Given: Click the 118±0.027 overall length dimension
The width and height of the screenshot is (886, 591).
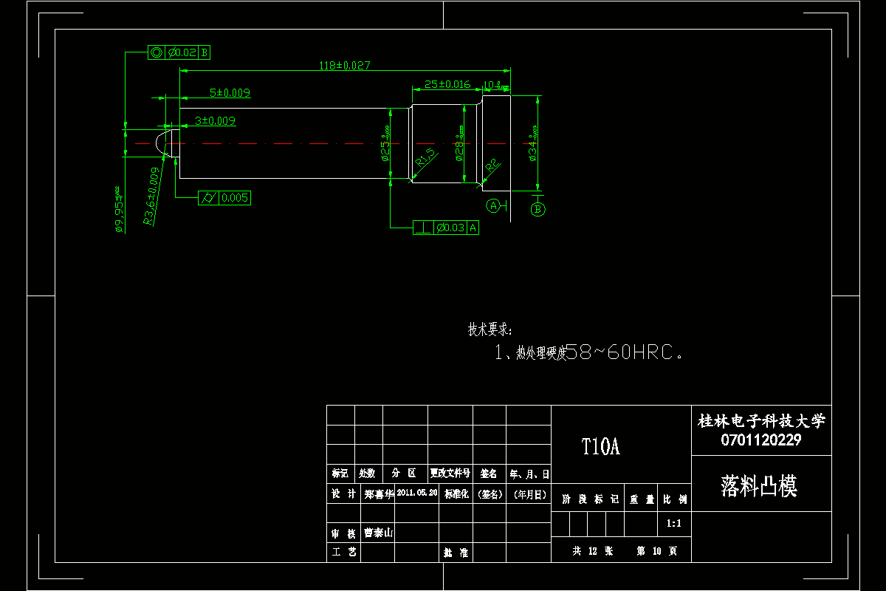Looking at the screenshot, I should (x=344, y=65).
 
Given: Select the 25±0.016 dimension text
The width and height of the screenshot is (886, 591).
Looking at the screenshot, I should (x=446, y=84).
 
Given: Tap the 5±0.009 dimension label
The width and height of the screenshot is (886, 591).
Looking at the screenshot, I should (x=230, y=93).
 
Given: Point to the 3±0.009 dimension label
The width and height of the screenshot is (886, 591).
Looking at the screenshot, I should (x=215, y=120).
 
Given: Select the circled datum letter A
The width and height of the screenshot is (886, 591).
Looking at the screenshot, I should (x=493, y=205).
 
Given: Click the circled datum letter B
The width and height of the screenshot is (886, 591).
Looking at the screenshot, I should (x=538, y=210).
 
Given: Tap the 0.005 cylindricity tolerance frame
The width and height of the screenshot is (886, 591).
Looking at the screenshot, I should (x=225, y=198).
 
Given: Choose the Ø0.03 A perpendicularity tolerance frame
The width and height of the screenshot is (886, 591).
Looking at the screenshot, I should (x=446, y=228).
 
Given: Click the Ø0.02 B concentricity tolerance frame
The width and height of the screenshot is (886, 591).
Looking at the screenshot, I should (x=179, y=52).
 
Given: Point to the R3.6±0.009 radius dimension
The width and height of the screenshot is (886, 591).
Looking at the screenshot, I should (x=151, y=197).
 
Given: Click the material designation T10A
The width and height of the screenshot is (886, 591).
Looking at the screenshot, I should (x=600, y=447).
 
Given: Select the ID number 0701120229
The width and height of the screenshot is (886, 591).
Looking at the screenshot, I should (x=761, y=440).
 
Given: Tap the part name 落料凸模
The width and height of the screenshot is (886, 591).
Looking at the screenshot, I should (x=759, y=485).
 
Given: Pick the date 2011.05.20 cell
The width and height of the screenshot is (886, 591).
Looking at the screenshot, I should (x=417, y=493).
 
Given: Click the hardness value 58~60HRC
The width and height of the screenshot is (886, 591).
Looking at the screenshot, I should (x=622, y=353).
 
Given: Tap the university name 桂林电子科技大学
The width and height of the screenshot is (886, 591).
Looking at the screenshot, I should (x=761, y=421).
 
